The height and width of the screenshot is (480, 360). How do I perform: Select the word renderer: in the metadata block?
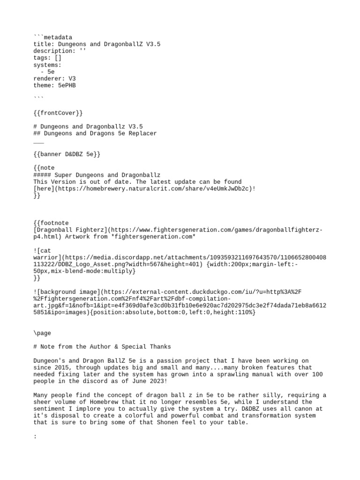[49, 79]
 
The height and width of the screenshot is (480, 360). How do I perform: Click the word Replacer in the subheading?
[141, 134]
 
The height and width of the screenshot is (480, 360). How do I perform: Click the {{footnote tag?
[51, 223]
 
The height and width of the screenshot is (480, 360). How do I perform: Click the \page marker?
[42, 333]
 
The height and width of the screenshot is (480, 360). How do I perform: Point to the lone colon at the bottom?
[35, 436]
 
